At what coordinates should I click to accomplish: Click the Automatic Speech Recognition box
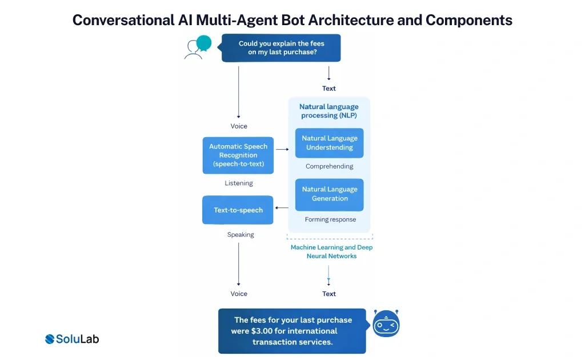(x=238, y=155)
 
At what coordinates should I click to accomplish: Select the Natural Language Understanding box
(x=330, y=143)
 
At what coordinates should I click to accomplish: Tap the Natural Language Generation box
(x=330, y=194)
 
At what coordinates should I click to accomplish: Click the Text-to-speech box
(x=238, y=210)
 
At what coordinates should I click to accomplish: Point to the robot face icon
(x=386, y=325)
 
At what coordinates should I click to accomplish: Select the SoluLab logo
(x=72, y=339)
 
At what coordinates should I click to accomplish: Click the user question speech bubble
(x=281, y=48)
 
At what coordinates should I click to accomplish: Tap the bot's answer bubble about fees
(x=292, y=331)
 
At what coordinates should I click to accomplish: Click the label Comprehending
(x=330, y=167)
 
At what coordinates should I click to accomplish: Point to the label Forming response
(x=330, y=219)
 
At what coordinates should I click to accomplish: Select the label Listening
(x=238, y=183)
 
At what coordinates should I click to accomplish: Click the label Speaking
(x=241, y=235)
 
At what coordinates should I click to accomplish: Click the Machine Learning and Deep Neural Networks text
(x=331, y=252)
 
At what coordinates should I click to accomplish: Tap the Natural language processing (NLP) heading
(x=330, y=111)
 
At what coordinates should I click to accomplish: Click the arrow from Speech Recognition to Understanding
(x=282, y=149)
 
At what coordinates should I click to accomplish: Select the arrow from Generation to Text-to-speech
(x=282, y=208)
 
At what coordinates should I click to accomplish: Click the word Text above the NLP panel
(x=329, y=89)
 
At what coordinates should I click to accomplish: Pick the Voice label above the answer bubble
(x=239, y=294)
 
